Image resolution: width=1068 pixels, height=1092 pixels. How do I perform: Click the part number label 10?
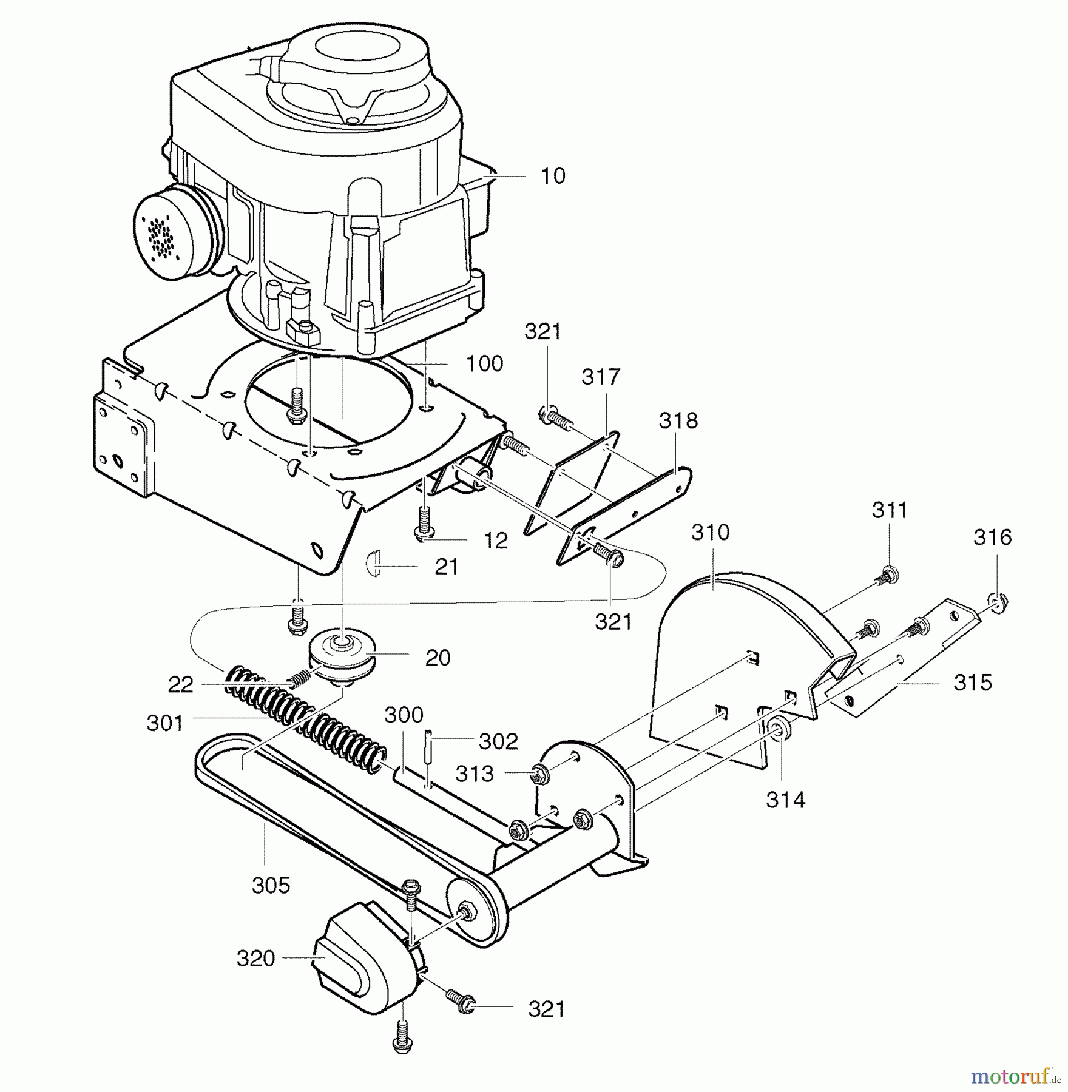pos(552,176)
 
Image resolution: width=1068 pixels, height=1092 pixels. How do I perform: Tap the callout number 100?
pos(484,364)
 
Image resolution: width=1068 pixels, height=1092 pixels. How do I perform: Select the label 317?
pos(600,377)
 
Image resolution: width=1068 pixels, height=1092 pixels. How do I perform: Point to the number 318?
pos(678,420)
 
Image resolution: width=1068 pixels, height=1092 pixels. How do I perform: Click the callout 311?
pos(889,510)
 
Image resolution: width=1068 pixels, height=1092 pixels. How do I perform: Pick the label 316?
pos(993,537)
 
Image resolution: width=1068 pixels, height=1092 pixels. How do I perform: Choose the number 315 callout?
pos(972,682)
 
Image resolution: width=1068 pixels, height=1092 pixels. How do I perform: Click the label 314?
pos(785,800)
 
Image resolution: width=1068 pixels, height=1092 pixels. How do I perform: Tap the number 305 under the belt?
pos(271,885)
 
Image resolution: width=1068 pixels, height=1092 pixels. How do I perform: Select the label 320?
pos(255,959)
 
